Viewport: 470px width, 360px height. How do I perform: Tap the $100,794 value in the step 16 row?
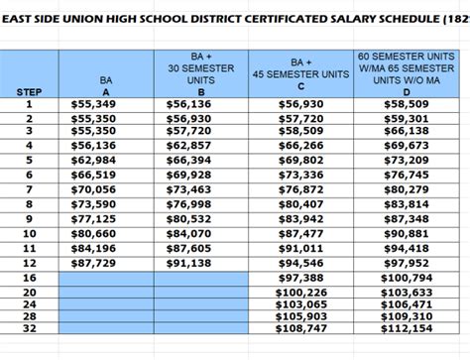point(406,281)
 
